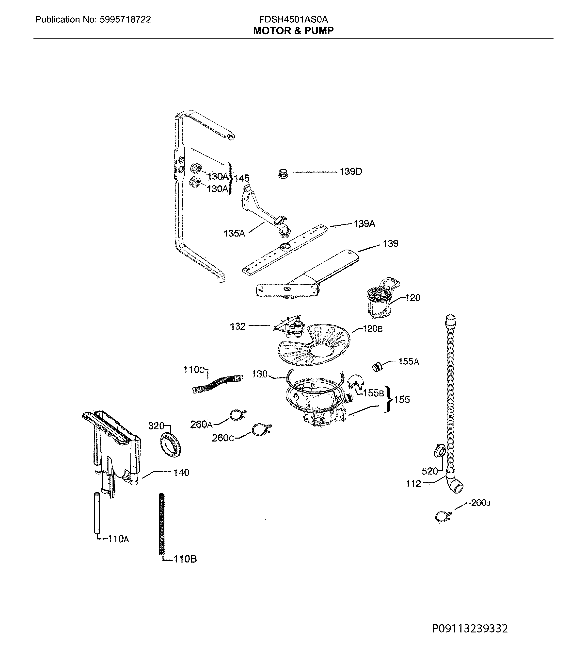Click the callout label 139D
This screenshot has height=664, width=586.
[x=351, y=171]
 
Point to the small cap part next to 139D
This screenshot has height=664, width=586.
[x=283, y=173]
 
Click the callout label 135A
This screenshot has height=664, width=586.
[x=234, y=233]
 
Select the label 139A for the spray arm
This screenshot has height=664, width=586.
[x=364, y=224]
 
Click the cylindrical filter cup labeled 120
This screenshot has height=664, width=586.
[x=379, y=302]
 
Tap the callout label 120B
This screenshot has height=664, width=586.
[x=373, y=329]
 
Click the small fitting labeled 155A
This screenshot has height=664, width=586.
[x=377, y=367]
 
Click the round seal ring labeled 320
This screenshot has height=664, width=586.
[x=171, y=445]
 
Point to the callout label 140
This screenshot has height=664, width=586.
[x=181, y=473]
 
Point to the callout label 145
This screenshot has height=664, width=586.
[x=242, y=178]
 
